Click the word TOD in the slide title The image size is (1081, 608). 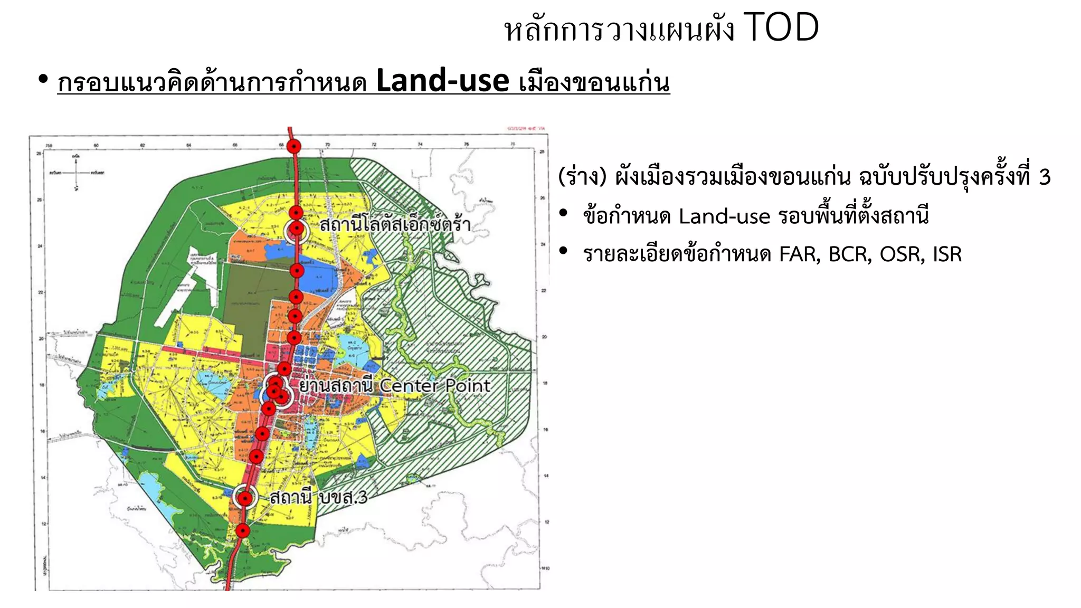[x=781, y=28]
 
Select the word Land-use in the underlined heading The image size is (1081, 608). [x=442, y=82]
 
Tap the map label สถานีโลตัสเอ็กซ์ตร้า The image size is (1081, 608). [x=395, y=225]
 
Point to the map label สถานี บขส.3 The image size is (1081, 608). [x=318, y=497]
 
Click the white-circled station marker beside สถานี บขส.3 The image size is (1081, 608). [x=245, y=498]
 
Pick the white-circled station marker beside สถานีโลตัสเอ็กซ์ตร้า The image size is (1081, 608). [x=297, y=229]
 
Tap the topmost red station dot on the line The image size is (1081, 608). [x=294, y=147]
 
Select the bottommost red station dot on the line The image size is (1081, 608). [x=242, y=530]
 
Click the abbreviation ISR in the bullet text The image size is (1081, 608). [x=947, y=254]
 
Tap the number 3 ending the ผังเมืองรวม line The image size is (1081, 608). [x=1045, y=177]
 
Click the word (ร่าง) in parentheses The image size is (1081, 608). [x=582, y=177]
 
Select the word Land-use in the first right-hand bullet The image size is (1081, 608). [x=724, y=216]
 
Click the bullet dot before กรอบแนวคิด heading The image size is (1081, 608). [x=43, y=80]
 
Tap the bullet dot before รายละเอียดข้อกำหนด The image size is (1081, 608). [x=564, y=252]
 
